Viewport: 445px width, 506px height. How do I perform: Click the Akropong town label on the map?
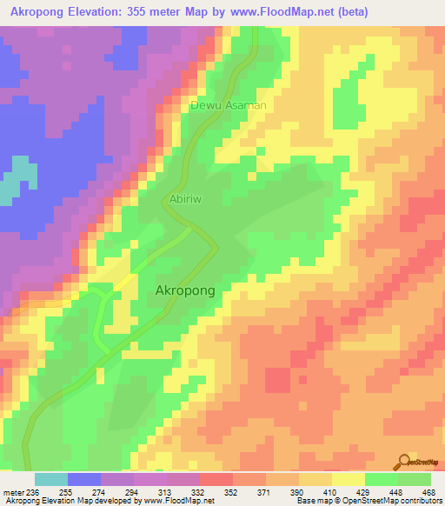184,292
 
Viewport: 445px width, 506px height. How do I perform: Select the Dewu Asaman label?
228,105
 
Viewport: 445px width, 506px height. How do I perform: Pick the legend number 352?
232,492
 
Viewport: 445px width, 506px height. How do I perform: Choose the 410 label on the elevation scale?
331,492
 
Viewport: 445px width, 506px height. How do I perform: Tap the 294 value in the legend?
133,492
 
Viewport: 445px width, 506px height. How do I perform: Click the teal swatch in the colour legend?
51,479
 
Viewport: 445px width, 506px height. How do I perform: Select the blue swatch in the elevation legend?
84,479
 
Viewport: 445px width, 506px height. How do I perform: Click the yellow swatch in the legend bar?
349,479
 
